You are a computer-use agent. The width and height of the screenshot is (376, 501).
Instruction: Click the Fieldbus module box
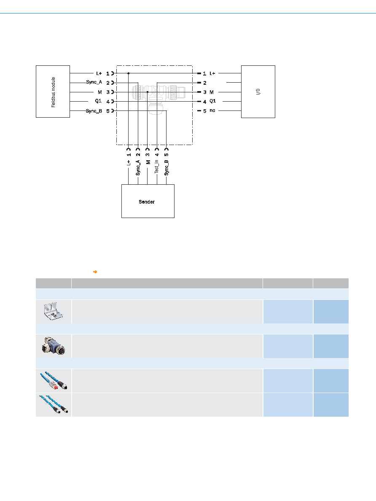(53, 92)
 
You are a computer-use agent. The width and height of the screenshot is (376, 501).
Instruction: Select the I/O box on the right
(258, 92)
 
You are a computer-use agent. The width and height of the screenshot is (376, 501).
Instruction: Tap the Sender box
(148, 201)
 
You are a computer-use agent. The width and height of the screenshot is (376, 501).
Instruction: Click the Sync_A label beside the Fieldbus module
(94, 82)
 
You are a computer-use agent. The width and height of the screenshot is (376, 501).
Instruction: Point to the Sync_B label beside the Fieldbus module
(94, 111)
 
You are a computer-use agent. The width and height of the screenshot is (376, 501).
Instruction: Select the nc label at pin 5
(212, 110)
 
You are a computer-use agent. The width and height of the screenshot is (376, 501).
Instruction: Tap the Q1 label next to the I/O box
(213, 101)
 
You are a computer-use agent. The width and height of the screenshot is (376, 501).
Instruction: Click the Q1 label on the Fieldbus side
(98, 101)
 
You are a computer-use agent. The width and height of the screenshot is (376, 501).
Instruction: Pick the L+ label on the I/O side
(212, 73)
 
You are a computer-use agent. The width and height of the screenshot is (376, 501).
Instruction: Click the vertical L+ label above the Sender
(129, 163)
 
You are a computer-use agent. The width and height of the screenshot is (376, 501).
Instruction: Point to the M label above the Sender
(148, 162)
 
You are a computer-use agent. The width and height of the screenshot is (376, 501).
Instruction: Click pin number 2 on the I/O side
(205, 83)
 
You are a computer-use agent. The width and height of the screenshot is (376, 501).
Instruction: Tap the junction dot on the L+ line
(129, 73)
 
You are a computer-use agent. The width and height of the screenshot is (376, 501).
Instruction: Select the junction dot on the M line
(147, 92)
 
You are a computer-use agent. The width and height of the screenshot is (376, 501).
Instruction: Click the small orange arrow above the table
(95, 272)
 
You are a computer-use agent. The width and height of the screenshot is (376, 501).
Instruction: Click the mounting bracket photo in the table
(54, 312)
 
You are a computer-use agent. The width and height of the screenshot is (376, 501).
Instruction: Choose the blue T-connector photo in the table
(54, 346)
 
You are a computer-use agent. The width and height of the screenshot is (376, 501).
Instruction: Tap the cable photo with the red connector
(54, 380)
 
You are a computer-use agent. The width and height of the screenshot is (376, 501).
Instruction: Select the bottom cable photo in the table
(54, 404)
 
